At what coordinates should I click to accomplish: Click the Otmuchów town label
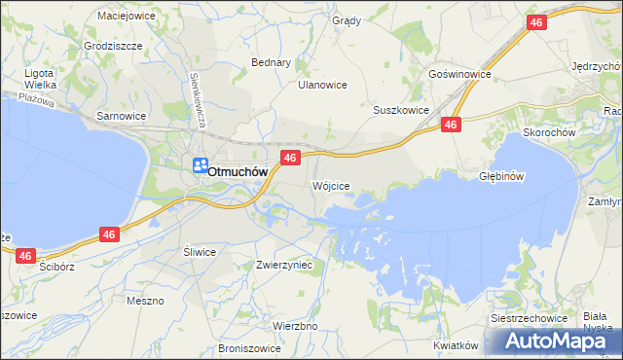tap(238, 171)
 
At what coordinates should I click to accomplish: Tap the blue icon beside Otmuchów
tap(200, 166)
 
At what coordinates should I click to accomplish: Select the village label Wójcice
tap(331, 185)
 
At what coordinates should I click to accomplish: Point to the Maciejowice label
tap(128, 16)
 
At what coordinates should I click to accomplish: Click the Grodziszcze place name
tap(113, 46)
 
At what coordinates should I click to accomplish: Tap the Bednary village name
tap(272, 62)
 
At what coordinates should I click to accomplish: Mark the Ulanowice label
tap(322, 85)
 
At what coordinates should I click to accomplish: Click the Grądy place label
tap(346, 20)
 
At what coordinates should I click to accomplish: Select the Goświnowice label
tap(458, 74)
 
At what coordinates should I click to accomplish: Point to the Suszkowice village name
tap(401, 110)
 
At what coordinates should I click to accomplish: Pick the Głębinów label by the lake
tap(502, 177)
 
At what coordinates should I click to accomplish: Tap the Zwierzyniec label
tap(283, 264)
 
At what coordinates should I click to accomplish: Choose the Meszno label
tap(145, 301)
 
